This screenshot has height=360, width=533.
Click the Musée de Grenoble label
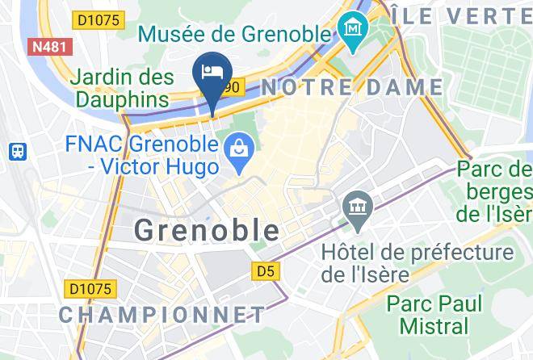[x=235, y=34]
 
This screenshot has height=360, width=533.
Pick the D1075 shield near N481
[x=102, y=19]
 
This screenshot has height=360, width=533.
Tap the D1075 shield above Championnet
[x=92, y=287]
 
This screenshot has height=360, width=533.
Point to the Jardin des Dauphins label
[x=123, y=89]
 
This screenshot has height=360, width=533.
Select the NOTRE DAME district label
[x=352, y=87]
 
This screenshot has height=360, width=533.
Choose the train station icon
[x=17, y=151]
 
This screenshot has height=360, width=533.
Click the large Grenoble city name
[x=207, y=230]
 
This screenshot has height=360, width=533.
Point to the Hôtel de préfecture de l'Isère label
[x=418, y=263]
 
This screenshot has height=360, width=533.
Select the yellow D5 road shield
[x=264, y=272]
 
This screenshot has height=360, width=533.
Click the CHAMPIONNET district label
[x=162, y=314]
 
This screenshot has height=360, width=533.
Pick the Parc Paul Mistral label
[x=434, y=315]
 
